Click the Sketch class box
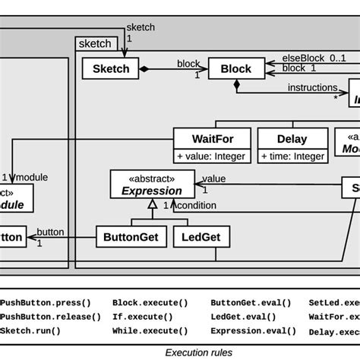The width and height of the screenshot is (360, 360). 111,69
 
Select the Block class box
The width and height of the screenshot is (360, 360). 235,69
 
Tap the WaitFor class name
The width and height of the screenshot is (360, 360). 213,139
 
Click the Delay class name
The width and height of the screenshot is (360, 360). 292,139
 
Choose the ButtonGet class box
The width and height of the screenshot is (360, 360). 131,237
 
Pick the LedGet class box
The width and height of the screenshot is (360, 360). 201,237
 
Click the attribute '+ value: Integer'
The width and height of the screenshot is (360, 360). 213,156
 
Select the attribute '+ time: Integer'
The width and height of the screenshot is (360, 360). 292,156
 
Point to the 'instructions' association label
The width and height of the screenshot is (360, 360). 312,87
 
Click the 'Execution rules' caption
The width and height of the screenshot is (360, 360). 199,352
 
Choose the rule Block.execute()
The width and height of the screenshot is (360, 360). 142,302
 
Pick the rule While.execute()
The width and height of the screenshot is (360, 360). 142,332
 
